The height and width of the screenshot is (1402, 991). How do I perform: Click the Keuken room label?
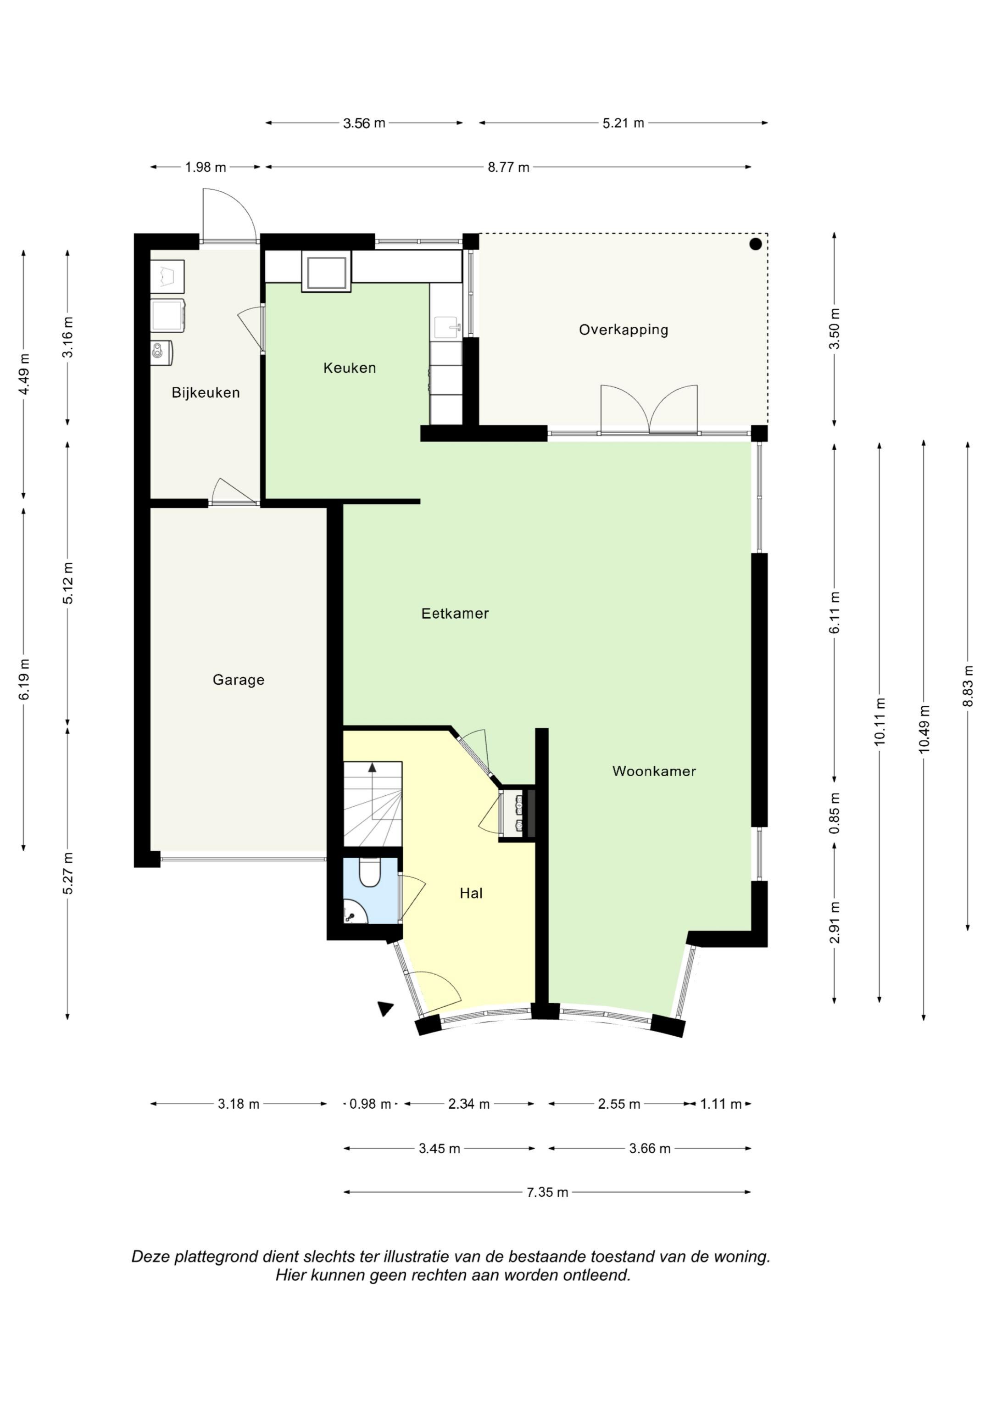click(349, 368)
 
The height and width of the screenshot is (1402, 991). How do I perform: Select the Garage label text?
click(238, 680)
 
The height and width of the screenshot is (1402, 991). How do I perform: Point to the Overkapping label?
click(624, 330)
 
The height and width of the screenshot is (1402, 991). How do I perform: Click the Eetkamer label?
click(455, 613)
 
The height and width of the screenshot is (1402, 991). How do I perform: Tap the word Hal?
click(471, 894)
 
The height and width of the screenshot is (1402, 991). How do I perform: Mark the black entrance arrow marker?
click(385, 1009)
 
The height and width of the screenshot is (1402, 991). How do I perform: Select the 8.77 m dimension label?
click(508, 168)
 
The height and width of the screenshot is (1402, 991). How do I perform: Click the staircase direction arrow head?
click(372, 767)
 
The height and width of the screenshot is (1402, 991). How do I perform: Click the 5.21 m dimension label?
click(624, 123)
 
